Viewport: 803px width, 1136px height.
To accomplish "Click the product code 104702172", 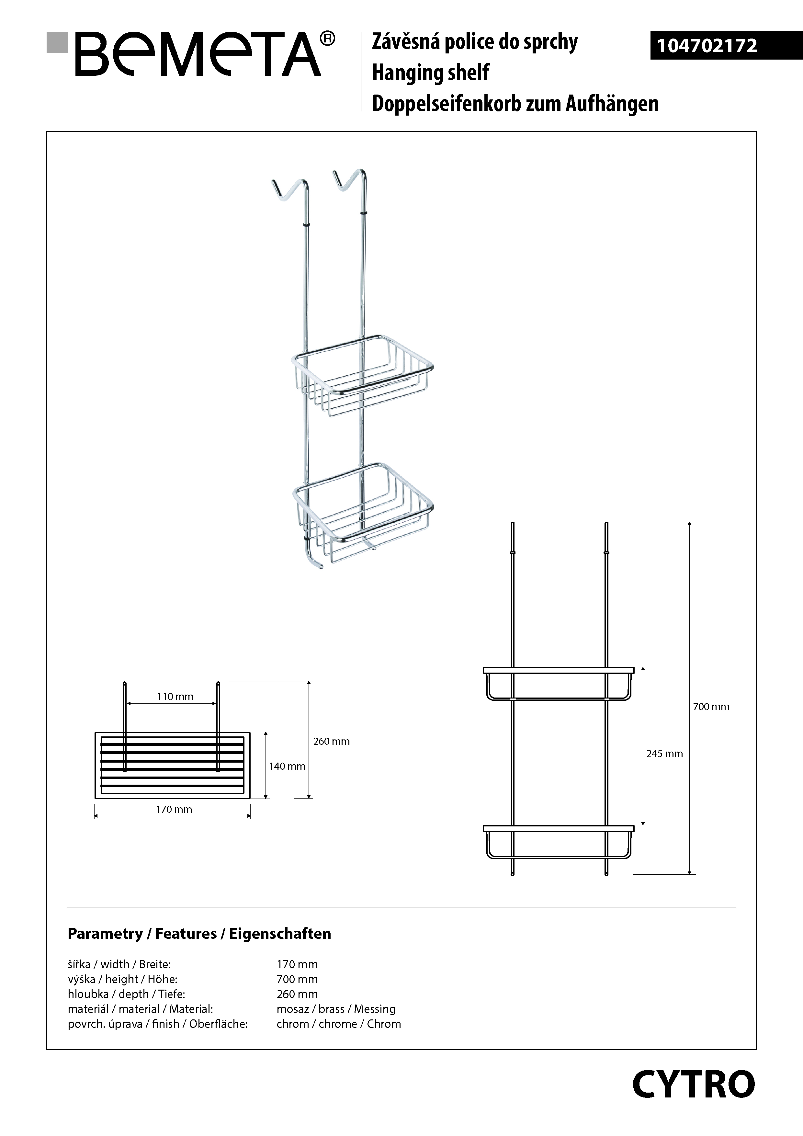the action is [707, 46].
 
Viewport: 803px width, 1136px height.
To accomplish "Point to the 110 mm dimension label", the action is [175, 697].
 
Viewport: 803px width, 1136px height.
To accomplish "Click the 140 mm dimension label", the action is [287, 767].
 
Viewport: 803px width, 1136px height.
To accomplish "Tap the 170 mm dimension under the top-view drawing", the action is [174, 810].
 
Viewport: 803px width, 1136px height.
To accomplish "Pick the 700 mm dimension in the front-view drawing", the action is [711, 707].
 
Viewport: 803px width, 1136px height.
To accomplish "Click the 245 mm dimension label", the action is [664, 754].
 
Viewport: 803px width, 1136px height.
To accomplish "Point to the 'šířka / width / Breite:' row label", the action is [119, 964].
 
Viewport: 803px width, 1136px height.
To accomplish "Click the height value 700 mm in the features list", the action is [297, 979].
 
